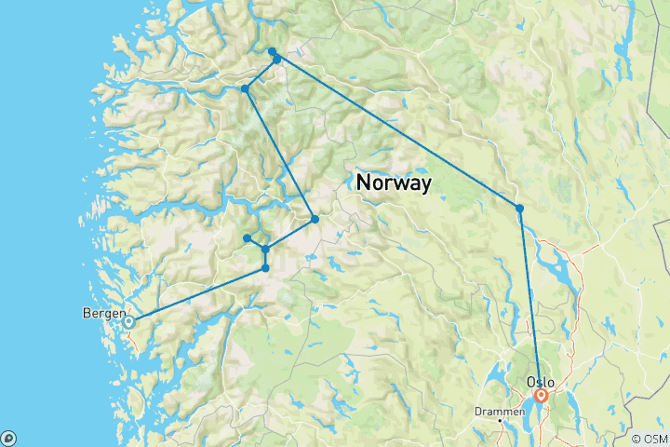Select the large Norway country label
pyautogui.click(x=394, y=183)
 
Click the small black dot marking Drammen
pyautogui.click(x=501, y=421)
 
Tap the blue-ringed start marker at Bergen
pyautogui.click(x=129, y=322)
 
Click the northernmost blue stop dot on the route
pyautogui.click(x=272, y=51)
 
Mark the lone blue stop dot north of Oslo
pyautogui.click(x=519, y=208)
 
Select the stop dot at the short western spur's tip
pyautogui.click(x=247, y=238)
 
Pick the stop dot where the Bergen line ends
pyautogui.click(x=266, y=268)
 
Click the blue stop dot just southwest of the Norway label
pyautogui.click(x=315, y=219)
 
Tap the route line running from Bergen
pyautogui.click(x=195, y=296)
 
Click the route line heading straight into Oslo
pyautogui.click(x=529, y=298)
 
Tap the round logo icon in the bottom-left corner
pyautogui.click(x=8, y=438)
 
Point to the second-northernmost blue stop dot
pyautogui.click(x=277, y=60)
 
